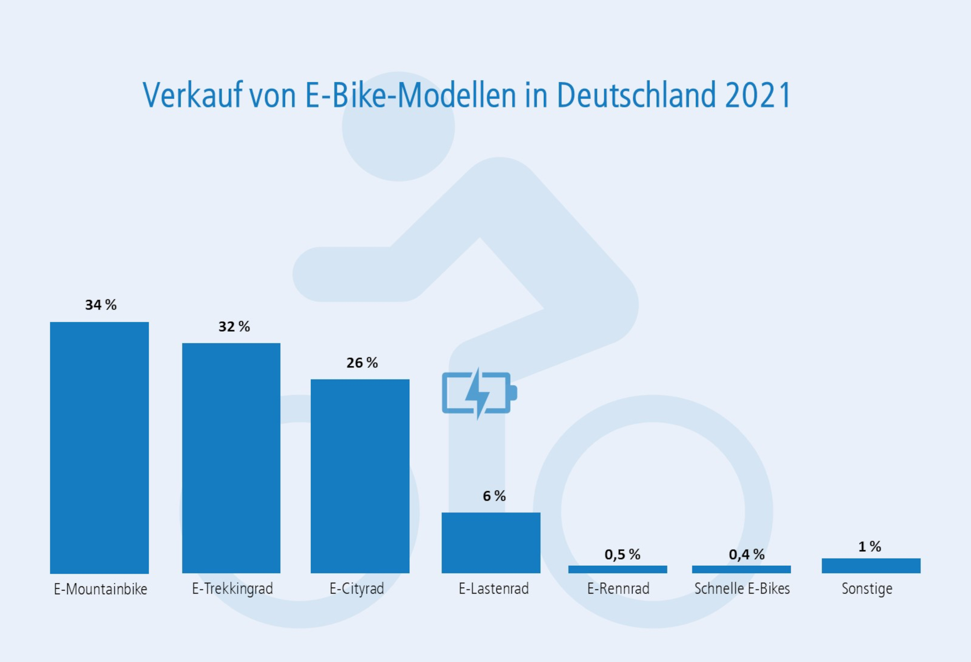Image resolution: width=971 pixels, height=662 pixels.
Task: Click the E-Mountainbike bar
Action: coord(99,447)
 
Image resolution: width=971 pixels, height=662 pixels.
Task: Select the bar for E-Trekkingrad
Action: coord(231,458)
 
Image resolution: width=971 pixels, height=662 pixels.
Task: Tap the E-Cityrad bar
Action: coord(360,476)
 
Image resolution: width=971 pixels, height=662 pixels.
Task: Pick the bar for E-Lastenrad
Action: coord(491,543)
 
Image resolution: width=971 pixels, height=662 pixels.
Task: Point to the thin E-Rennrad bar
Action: coord(617,569)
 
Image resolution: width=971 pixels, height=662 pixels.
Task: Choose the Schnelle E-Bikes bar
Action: coord(741,569)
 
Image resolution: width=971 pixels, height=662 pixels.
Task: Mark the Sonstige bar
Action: coord(871,565)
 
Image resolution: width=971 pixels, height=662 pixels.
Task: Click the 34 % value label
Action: coord(101,305)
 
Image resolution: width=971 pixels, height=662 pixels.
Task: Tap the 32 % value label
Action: coord(234,327)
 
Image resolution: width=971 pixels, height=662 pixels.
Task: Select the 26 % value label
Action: coord(362,363)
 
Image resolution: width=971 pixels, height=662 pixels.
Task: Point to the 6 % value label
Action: coord(494,496)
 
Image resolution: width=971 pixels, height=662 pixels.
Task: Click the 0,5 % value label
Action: coord(622,555)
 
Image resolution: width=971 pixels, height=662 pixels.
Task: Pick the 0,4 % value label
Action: coord(746,555)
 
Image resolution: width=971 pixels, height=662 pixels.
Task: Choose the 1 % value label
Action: coord(870,547)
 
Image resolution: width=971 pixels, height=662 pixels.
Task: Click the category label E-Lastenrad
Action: coord(494,589)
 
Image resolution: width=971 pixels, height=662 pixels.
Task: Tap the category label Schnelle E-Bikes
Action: coord(742,589)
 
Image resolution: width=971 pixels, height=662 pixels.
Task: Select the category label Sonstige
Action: coord(867,589)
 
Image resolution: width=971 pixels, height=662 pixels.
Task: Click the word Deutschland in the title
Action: coord(636,96)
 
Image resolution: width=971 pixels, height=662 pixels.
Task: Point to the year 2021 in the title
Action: coord(758,96)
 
